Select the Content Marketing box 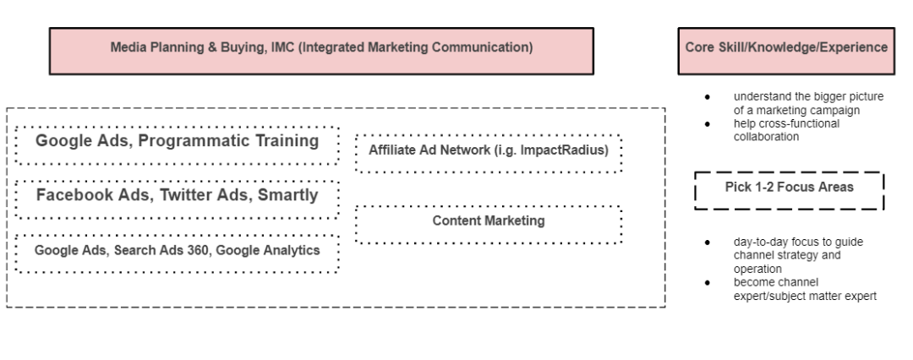489,221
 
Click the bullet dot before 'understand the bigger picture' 707,96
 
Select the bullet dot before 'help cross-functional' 707,123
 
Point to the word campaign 855,109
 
